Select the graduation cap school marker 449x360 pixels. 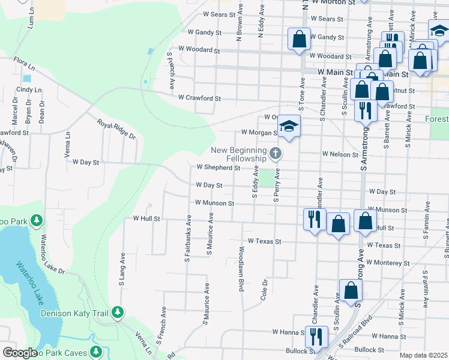289,127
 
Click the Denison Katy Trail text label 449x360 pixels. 76,313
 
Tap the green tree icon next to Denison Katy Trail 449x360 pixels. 118,313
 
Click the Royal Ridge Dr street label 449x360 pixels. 117,129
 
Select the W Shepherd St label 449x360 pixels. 218,167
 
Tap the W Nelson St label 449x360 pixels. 340,154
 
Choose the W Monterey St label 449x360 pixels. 388,263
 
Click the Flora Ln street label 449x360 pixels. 23,61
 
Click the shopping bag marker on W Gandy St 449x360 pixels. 299,40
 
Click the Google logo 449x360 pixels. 19,353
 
